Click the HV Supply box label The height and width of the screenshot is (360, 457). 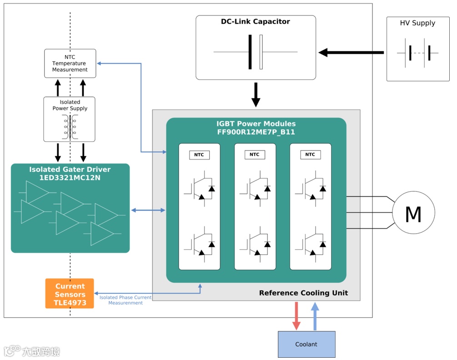[417, 23]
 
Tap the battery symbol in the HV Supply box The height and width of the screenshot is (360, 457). [417, 53]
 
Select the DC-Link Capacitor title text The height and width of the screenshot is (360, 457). [255, 21]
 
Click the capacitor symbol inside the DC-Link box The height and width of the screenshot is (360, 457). [256, 52]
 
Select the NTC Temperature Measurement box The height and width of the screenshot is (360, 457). [70, 63]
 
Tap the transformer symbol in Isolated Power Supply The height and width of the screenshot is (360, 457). [70, 127]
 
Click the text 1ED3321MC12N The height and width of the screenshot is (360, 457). [70, 178]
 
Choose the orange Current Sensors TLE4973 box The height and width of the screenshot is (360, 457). [70, 294]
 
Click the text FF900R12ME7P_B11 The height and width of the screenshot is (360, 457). [256, 132]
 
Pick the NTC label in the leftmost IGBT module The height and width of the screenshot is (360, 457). [199, 155]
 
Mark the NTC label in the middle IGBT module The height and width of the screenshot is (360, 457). [255, 155]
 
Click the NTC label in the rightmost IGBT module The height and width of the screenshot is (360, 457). [310, 155]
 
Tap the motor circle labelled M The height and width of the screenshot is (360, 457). [413, 213]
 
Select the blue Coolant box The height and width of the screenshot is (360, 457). [306, 344]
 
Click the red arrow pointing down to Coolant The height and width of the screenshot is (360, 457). [296, 316]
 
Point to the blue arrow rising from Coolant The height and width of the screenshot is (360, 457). [315, 315]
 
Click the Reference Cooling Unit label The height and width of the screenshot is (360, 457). [303, 293]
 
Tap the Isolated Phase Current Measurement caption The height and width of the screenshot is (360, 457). [126, 300]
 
